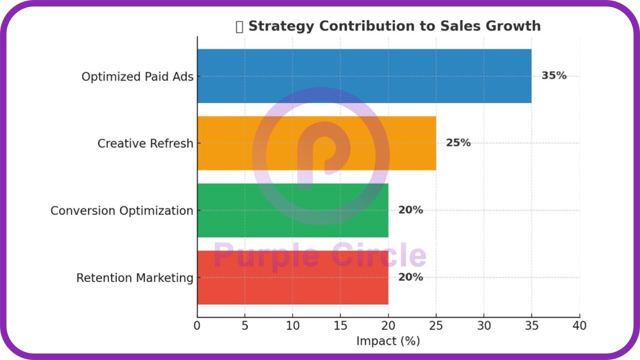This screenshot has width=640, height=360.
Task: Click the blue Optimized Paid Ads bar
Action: pos(364,76)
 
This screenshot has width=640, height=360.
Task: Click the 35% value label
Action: pos(554,76)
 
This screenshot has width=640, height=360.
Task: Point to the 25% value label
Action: pos(458,143)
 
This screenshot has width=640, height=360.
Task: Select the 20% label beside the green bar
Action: pos(410,210)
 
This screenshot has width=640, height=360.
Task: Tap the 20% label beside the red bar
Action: pos(410,277)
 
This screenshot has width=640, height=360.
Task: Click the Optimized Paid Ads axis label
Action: pos(137,77)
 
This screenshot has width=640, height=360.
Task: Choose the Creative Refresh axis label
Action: pos(145,143)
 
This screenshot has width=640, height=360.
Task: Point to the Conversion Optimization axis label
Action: pos(121,210)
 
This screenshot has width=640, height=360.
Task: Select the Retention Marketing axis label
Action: pos(134,278)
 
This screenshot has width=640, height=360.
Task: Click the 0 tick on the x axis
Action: pos(197,326)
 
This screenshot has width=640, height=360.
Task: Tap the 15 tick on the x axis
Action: pos(340,326)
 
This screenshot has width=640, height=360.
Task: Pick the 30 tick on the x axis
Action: pos(484,326)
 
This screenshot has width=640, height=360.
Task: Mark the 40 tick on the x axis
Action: pos(579,326)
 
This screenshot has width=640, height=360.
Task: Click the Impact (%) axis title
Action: pos(388,341)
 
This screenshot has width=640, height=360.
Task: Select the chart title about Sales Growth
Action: pos(394,26)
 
